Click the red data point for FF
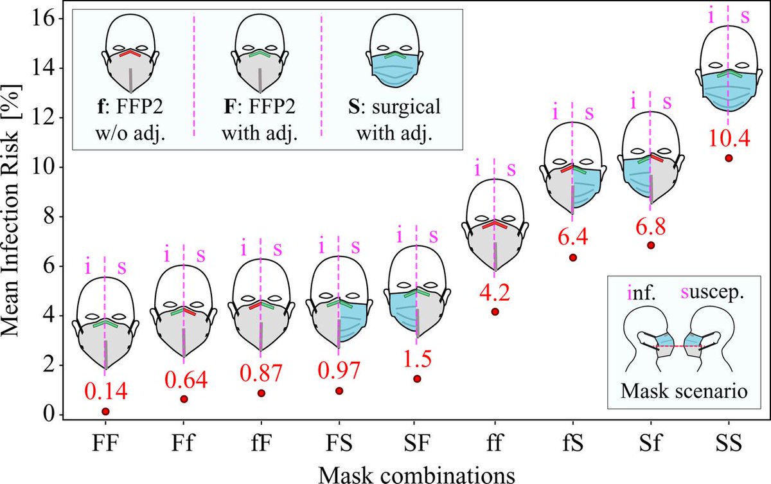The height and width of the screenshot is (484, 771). [105, 411]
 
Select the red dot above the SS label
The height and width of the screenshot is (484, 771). [729, 158]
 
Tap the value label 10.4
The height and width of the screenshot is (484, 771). [728, 137]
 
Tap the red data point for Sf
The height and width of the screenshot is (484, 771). [651, 245]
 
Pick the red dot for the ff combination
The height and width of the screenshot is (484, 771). [495, 312]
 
